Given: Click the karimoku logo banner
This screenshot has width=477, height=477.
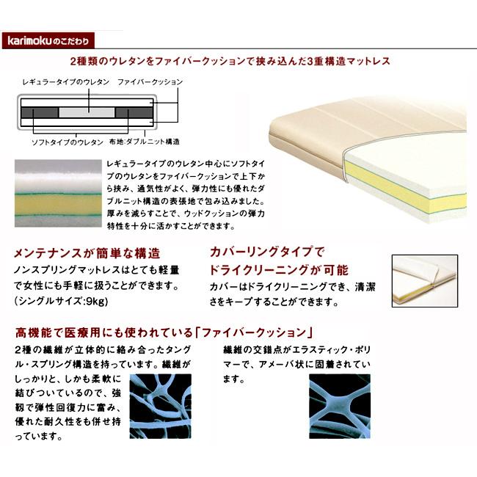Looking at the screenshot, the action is click(48, 40).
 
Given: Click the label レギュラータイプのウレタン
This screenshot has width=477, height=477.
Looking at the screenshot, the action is click(66, 82).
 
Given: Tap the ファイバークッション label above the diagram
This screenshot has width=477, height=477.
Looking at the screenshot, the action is click(150, 82).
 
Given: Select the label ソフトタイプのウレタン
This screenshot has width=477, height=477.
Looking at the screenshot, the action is click(68, 142).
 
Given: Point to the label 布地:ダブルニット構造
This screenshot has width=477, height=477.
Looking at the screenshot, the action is click(145, 142).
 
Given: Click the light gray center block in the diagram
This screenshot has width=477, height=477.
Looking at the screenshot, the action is click(87, 112).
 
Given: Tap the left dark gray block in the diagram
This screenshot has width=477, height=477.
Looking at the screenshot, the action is click(40, 112).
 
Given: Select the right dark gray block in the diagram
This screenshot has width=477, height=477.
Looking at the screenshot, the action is click(134, 112).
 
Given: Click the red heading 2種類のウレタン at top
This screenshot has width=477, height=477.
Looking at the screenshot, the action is click(230, 61).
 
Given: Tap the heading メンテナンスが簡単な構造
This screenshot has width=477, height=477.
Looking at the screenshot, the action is click(87, 253).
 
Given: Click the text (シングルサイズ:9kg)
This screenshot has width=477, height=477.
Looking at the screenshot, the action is click(61, 301).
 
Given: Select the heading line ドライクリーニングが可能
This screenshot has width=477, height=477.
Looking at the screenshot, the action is click(279, 270).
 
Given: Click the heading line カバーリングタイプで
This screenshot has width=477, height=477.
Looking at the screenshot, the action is click(267, 252).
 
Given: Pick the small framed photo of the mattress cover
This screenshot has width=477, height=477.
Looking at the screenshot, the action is click(425, 281).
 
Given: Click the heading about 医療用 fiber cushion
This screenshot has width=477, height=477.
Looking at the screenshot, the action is click(164, 332).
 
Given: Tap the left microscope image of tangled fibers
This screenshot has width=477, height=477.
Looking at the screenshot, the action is click(161, 406).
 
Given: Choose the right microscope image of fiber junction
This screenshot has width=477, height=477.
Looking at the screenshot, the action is click(340, 406).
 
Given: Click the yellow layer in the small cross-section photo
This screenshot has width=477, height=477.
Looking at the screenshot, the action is click(58, 205).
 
